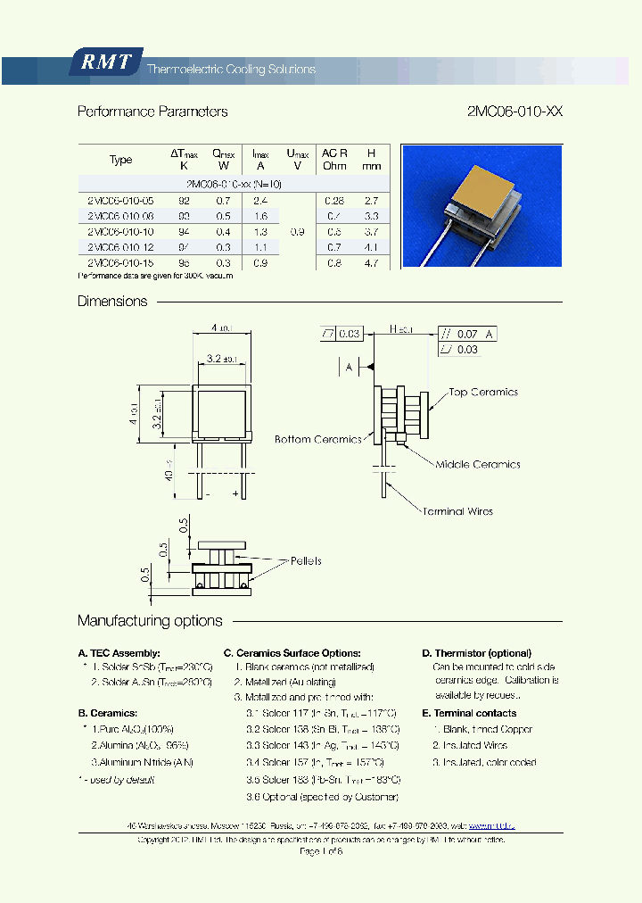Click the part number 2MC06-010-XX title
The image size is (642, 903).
[514, 112]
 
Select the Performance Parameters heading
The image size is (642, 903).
[152, 112]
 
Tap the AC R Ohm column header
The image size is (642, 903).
[334, 159]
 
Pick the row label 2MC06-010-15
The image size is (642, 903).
[120, 263]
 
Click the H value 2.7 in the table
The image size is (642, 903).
[372, 202]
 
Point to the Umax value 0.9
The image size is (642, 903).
[297, 232]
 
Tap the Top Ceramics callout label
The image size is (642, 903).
[482, 392]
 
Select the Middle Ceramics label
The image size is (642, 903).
[478, 464]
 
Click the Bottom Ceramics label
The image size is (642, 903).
[317, 439]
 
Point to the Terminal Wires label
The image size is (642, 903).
[457, 511]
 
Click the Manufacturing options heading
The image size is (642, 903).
[150, 620]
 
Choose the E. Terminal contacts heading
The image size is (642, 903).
[469, 713]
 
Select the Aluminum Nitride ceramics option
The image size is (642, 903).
[143, 762]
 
